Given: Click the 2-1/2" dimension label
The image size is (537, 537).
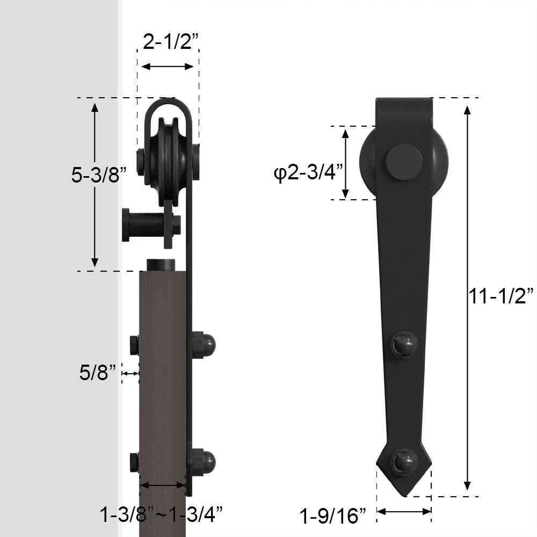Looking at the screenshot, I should click(168, 41).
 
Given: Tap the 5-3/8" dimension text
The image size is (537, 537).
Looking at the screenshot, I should click(99, 175).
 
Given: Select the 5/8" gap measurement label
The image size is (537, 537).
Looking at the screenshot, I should click(98, 372).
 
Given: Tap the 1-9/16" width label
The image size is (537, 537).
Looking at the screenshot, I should click(333, 516).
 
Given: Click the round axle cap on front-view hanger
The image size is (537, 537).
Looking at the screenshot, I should click(404, 162).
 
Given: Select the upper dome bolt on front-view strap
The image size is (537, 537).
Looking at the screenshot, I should click(403, 344).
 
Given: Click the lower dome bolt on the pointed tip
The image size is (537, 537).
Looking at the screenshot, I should click(404, 461).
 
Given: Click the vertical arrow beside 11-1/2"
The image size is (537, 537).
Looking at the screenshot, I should click(468, 297).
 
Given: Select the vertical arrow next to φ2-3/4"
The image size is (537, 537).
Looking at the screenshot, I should click(346, 163).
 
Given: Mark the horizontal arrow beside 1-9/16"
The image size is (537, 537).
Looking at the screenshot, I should click(404, 511).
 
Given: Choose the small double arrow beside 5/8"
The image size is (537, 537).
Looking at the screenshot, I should click(130, 373).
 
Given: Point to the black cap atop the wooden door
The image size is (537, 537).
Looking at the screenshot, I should click(162, 265).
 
